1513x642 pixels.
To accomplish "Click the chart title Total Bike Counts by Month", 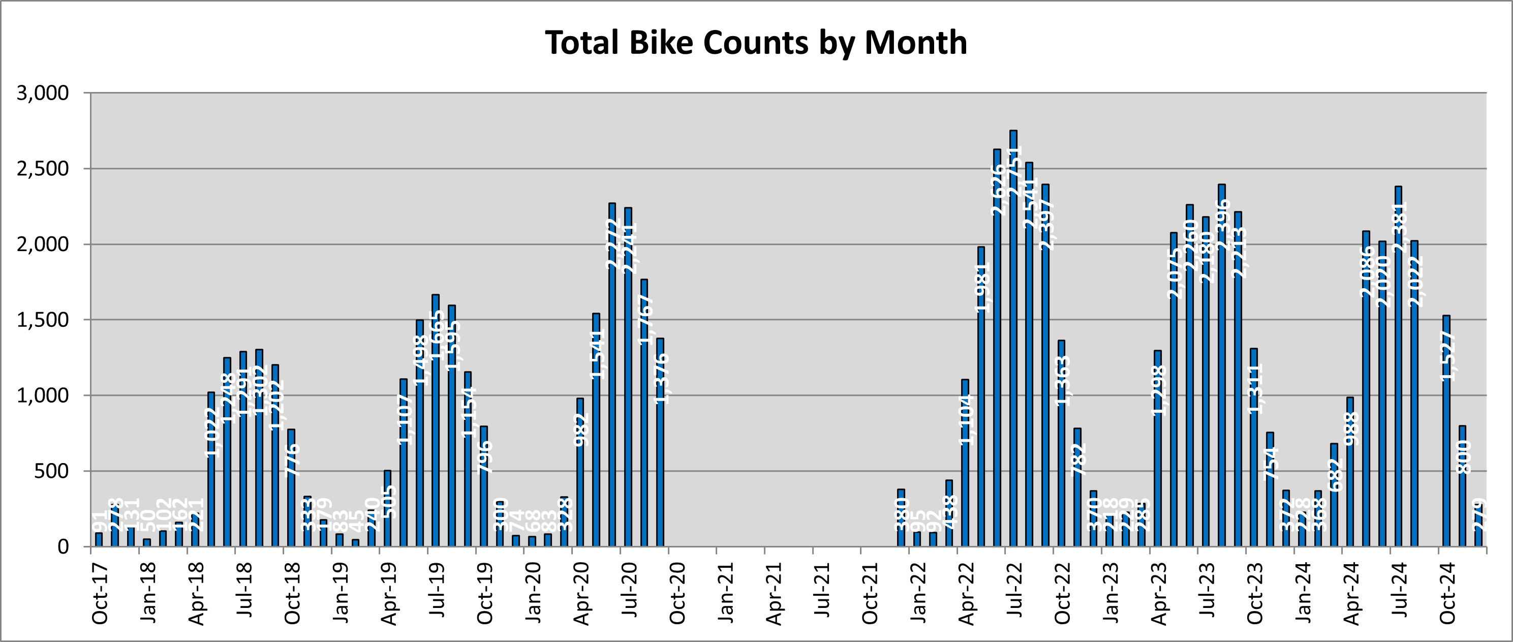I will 756,42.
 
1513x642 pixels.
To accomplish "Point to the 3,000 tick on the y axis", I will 43,94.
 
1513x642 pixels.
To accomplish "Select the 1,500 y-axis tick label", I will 43,320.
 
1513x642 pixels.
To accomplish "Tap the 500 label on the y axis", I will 51,471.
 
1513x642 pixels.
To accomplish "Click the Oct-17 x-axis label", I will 100,593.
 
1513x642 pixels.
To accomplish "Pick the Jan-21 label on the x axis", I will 726,593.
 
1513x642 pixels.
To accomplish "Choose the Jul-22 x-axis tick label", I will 1015,593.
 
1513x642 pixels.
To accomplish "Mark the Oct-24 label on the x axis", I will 1448,593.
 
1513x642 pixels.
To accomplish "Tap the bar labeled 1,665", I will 435,423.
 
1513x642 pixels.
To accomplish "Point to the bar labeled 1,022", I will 211,470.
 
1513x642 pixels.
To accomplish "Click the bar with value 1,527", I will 1446,435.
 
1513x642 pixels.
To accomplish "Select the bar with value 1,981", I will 981,400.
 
